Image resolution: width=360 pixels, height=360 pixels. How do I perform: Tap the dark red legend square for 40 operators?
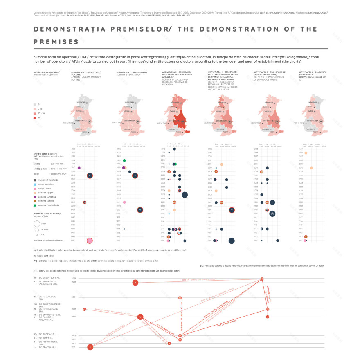pyautogui.click(x=35, y=118)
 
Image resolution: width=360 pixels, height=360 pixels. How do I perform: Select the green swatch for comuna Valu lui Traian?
pyautogui.click(x=35, y=205)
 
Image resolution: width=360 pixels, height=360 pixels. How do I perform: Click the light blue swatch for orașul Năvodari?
pyautogui.click(x=35, y=184)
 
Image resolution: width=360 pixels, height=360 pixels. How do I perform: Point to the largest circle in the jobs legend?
pyautogui.click(x=37, y=224)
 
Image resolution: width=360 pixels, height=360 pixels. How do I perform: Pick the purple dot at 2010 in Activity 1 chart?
pyautogui.click(x=79, y=168)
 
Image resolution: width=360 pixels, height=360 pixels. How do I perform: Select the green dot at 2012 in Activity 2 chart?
pyautogui.click(x=124, y=160)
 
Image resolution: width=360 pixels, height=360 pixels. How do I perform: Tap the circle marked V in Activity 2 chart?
pyautogui.click(x=140, y=210)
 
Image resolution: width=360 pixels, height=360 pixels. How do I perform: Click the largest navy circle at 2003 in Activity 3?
pyautogui.click(x=184, y=195)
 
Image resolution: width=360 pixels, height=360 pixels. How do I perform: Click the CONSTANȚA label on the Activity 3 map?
pyautogui.click(x=178, y=122)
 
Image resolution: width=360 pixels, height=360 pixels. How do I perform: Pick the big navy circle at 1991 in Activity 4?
pyautogui.click(x=232, y=241)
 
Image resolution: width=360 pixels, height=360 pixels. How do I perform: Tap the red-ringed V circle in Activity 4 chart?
pyautogui.click(x=232, y=210)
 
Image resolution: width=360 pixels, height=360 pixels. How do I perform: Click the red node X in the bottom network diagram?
pyautogui.click(x=135, y=282)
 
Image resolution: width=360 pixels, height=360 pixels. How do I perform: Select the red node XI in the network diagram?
pyautogui.click(x=262, y=279)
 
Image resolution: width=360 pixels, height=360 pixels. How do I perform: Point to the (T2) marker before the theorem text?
pyautogui.click(x=202, y=265)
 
